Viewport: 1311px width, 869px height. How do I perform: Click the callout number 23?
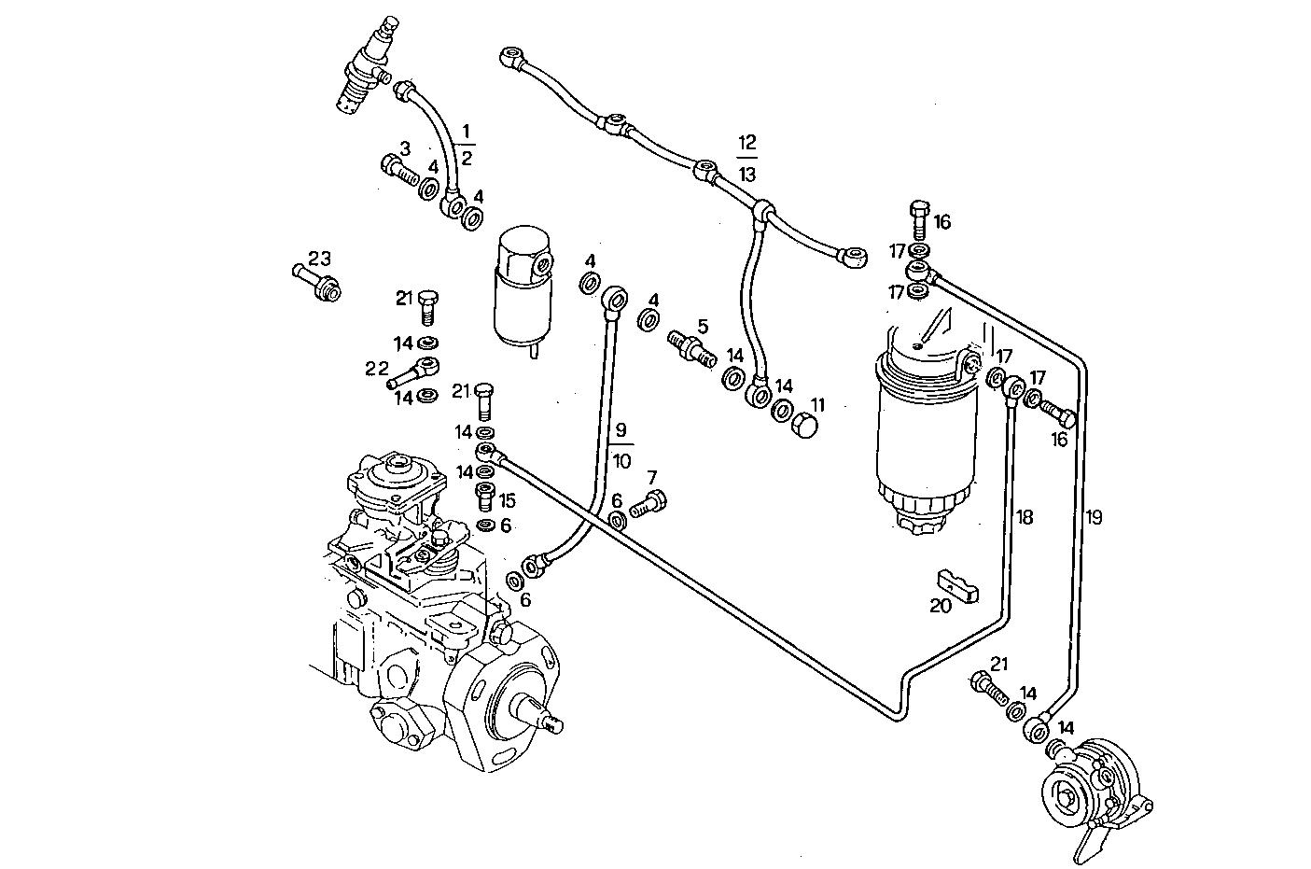coord(319,258)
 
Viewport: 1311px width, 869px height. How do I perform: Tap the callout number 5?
coord(703,326)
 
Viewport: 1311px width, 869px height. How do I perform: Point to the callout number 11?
coord(817,405)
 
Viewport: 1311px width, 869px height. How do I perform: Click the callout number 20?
coord(940,606)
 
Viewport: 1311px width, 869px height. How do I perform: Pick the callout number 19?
coord(1094,517)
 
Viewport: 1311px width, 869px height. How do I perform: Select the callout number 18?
coord(1025,517)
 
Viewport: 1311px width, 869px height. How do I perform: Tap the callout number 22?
coord(376,369)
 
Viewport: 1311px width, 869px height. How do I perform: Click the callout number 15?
coord(506,500)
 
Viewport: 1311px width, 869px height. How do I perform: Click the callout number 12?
coord(746,143)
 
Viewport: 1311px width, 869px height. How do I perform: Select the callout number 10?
coord(621,460)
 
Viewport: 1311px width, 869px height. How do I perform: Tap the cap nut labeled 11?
coord(804,425)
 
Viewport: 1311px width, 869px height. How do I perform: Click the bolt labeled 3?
coord(399,171)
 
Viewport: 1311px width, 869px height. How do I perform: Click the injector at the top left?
coord(366,70)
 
